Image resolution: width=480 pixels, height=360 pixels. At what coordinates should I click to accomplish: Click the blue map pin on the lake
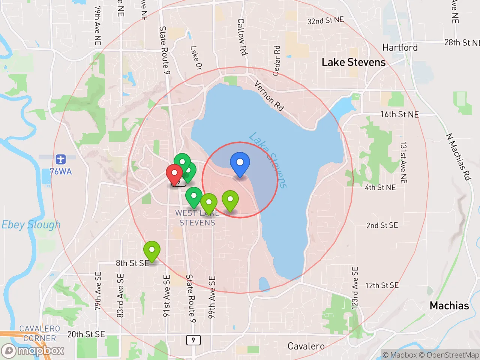click(240, 163)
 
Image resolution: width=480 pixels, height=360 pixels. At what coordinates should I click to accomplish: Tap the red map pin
click(174, 174)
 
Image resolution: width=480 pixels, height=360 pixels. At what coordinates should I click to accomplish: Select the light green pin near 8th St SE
click(152, 250)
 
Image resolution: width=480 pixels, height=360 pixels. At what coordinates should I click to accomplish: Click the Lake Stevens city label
click(353, 62)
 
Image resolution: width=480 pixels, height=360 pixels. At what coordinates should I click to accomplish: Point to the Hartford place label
click(400, 48)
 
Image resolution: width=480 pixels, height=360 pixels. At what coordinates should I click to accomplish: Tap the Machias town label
click(449, 306)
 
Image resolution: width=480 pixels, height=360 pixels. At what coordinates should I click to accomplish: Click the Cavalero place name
click(306, 346)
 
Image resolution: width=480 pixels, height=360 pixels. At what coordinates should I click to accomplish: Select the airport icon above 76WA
click(60, 159)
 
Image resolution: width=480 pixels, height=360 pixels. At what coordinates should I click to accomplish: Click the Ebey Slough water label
click(31, 225)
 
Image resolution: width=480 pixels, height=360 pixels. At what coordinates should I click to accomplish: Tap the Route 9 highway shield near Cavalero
click(193, 340)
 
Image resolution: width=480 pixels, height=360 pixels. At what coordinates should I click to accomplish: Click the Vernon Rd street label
click(269, 96)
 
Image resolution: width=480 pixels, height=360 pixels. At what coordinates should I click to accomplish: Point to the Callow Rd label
click(242, 37)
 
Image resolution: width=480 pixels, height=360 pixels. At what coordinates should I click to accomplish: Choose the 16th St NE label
click(399, 114)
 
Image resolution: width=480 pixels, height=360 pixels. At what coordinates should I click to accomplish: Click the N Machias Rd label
click(458, 157)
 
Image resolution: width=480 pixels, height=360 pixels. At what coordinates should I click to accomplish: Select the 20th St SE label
click(86, 334)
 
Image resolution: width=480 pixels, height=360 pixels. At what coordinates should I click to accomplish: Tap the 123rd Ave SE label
click(355, 288)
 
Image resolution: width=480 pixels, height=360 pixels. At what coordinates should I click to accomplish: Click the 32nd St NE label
click(325, 20)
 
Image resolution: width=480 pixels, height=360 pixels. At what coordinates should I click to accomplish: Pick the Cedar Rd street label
click(277, 61)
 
